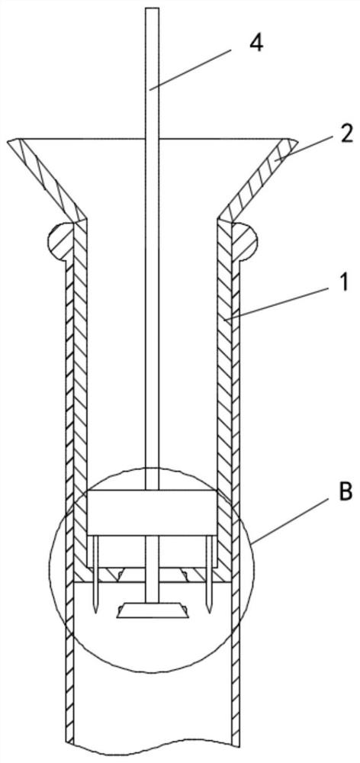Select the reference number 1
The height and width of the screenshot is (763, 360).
point(344,283)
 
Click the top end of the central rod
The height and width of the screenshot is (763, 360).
point(153,8)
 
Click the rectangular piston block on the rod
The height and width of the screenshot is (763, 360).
point(153,513)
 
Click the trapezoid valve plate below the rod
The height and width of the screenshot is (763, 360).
point(153,611)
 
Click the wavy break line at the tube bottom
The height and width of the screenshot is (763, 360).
point(153,751)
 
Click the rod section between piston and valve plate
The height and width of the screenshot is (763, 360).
point(153,570)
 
